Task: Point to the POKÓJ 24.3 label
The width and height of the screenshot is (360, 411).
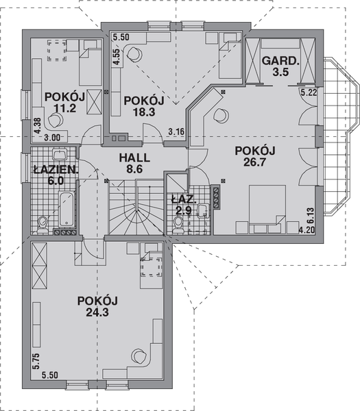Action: pos(98,306)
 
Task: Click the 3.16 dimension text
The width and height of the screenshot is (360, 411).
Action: pos(176,131)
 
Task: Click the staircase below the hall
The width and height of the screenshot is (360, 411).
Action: pos(134,209)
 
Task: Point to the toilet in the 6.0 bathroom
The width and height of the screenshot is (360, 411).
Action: pos(43,220)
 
